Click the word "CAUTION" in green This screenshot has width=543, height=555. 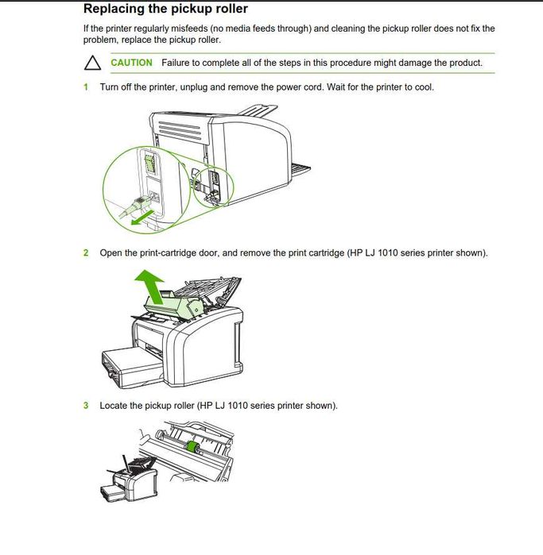tap(131, 63)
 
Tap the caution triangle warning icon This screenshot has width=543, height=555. tap(92, 63)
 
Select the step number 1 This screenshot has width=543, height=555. tap(86, 87)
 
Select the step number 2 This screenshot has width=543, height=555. tap(86, 253)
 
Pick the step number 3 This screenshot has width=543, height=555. tap(86, 406)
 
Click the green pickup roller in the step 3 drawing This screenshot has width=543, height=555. tap(192, 448)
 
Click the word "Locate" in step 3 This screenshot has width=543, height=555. tap(114, 406)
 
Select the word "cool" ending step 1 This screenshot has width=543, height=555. tap(423, 87)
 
